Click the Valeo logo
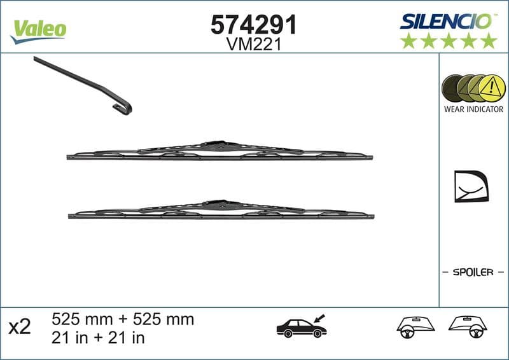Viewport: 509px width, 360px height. (38, 29)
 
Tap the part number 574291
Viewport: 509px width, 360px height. (254, 25)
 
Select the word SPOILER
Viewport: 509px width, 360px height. (473, 272)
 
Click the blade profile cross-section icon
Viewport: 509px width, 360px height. (470, 186)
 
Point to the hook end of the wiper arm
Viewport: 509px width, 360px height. (123, 108)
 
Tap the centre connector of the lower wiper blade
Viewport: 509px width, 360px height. (218, 204)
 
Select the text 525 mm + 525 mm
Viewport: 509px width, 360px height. (122, 319)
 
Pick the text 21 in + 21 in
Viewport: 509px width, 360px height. (98, 338)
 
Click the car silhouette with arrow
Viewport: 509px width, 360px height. (302, 326)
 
